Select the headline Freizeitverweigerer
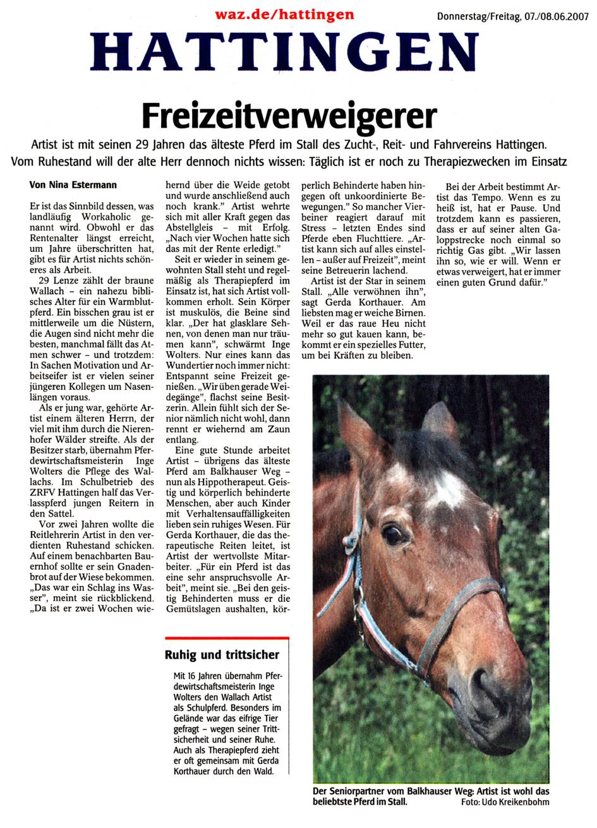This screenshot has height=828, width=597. (289, 116)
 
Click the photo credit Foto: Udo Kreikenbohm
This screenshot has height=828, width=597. (505, 802)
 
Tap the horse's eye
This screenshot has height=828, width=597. (394, 534)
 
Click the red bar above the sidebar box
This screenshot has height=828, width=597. (226, 640)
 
